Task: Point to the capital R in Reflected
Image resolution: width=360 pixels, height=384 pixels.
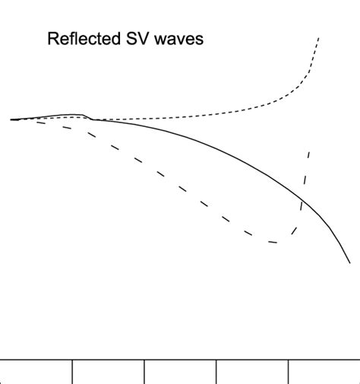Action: [53, 39]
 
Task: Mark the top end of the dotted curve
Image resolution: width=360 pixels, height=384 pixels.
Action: [319, 36]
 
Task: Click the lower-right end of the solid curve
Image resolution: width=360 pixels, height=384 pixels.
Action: [350, 263]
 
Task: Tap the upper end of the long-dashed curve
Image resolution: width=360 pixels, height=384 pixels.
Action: [309, 152]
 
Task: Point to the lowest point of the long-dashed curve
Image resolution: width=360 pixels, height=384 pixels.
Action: [275, 243]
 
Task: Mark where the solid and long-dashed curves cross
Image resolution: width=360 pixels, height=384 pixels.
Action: [302, 200]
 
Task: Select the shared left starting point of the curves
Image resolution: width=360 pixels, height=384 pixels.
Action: [11, 119]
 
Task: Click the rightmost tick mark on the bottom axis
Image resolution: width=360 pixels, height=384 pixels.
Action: [289, 371]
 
